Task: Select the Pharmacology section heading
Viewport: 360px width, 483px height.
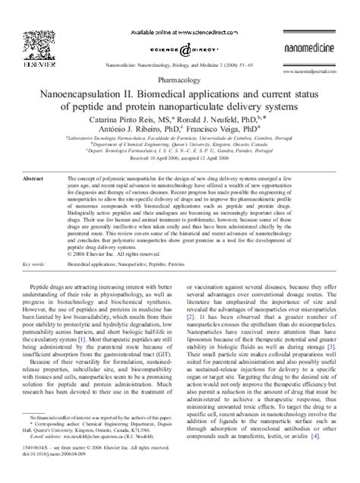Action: pos(180,78)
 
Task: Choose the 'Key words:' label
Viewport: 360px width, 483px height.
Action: pos(35,264)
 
